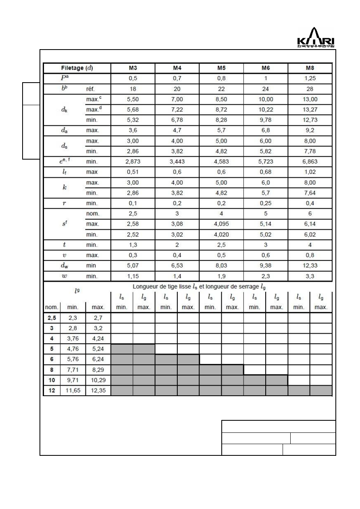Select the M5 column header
coord(221,68)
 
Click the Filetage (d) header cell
coord(77,68)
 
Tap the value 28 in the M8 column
coord(310,89)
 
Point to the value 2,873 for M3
coord(133,162)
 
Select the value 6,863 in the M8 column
coord(310,162)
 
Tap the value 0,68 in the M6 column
coord(265,172)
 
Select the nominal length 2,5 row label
coord(52,318)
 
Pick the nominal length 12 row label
coord(52,391)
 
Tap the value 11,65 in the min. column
coord(73,391)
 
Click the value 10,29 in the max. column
coord(98,380)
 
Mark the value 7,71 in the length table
coord(73,370)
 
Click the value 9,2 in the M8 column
coord(310,131)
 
